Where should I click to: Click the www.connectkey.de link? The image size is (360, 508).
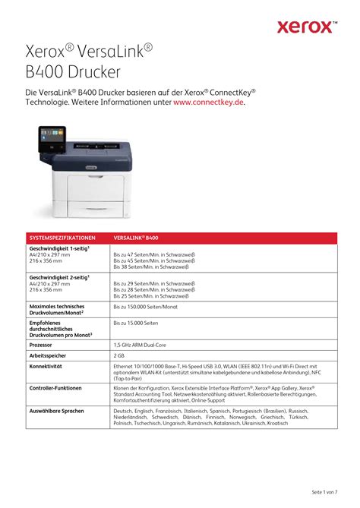point(209,103)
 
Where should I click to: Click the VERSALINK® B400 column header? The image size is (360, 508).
point(136,238)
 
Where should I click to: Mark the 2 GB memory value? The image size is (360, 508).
point(119,355)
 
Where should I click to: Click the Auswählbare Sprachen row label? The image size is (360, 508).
point(57,410)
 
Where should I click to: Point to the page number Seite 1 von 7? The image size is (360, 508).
point(325,491)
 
